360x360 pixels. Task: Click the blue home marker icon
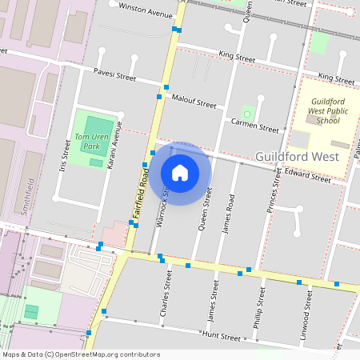pos(180,173)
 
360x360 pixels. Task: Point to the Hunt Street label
pos(221,336)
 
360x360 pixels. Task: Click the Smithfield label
pos(29,196)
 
